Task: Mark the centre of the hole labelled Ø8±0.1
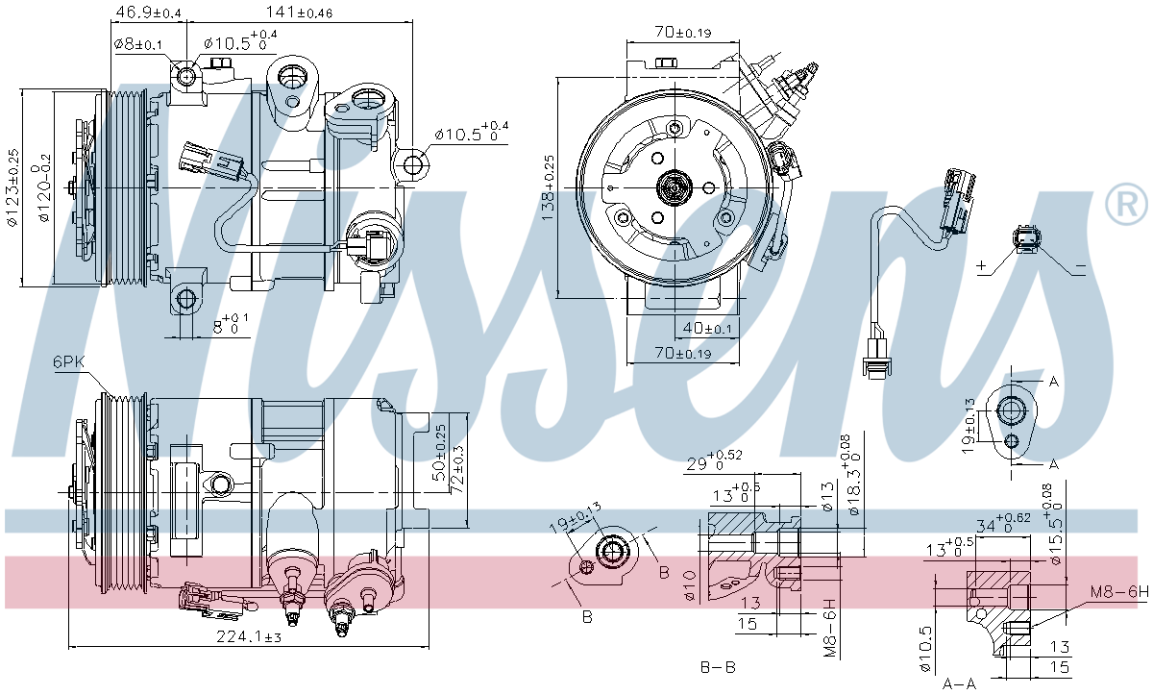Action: click(x=185, y=76)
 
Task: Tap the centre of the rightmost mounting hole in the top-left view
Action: click(x=413, y=164)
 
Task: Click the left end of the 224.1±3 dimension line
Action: click(x=68, y=646)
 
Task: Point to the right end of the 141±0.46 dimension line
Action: click(x=412, y=22)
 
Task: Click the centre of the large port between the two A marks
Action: click(x=1011, y=410)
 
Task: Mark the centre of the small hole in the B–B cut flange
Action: click(x=586, y=567)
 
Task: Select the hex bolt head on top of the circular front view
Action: click(x=667, y=62)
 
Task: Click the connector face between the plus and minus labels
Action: click(x=1026, y=239)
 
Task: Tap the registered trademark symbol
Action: click(x=1126, y=204)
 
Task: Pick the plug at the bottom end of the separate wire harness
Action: click(x=877, y=361)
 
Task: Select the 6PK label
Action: click(x=68, y=361)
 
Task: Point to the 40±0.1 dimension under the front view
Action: click(x=707, y=328)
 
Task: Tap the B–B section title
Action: click(x=718, y=667)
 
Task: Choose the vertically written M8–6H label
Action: click(x=830, y=628)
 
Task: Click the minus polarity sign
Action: click(x=1081, y=266)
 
